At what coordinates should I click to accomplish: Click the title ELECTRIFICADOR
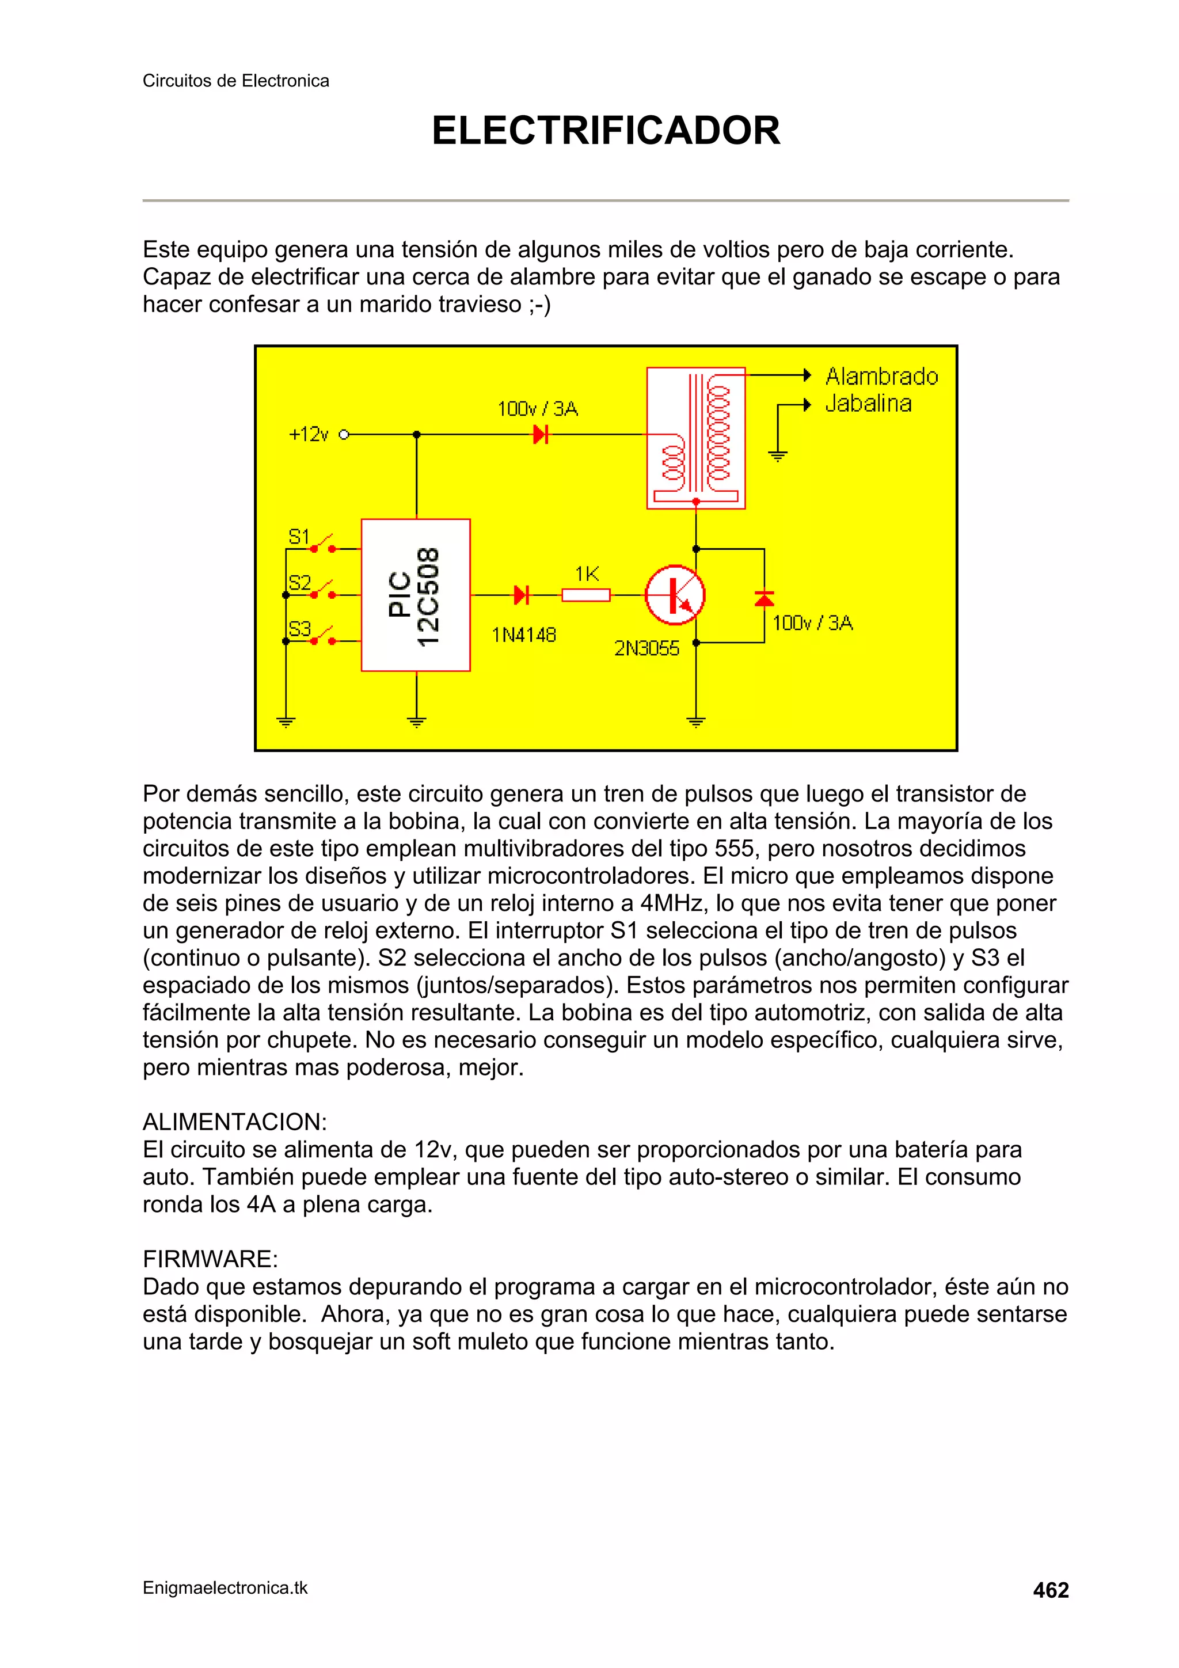605,131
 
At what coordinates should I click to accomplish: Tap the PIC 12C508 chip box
416,595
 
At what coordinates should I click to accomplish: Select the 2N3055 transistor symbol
675,595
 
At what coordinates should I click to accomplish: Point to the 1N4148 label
524,635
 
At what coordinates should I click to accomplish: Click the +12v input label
309,435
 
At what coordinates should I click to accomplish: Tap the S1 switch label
299,537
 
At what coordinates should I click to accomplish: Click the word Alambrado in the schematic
881,377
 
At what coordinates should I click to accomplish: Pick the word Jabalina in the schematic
868,403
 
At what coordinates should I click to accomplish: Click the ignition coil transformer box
695,438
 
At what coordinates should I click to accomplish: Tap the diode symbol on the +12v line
541,435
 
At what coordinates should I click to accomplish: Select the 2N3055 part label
646,648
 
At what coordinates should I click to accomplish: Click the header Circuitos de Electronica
235,81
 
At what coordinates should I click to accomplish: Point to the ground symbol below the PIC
416,721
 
